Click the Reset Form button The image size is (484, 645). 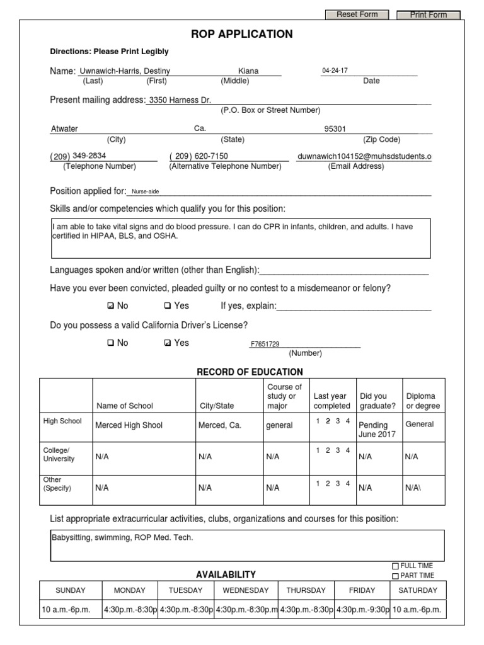pyautogui.click(x=357, y=14)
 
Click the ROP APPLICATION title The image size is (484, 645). pyautogui.click(x=242, y=34)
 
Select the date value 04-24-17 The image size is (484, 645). pyautogui.click(x=335, y=71)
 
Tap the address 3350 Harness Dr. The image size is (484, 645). pyautogui.click(x=180, y=100)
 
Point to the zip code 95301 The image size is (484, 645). pyautogui.click(x=335, y=129)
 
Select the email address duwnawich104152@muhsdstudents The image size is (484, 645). pyautogui.click(x=364, y=156)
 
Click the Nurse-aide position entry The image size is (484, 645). pyautogui.click(x=146, y=191)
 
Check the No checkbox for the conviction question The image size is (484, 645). pyautogui.click(x=111, y=306)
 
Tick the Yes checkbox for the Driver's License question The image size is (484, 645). pyautogui.click(x=167, y=343)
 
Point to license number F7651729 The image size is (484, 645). pyautogui.click(x=265, y=344)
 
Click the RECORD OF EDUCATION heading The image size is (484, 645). pyautogui.click(x=250, y=372)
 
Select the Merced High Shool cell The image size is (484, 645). pyautogui.click(x=129, y=425)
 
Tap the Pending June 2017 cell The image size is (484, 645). pyautogui.click(x=374, y=430)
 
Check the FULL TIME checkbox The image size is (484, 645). pyautogui.click(x=396, y=566)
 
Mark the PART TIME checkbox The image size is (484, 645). pyautogui.click(x=396, y=576)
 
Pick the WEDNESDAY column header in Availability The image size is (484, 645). pyautogui.click(x=245, y=590)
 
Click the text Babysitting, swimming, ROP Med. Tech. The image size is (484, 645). pyautogui.click(x=122, y=538)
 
